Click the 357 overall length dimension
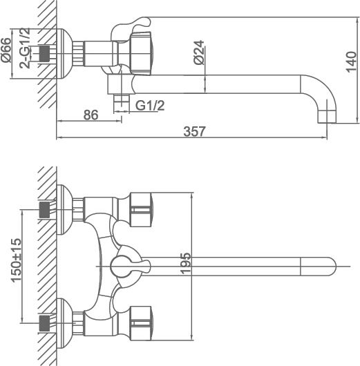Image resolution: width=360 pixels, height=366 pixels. click(x=194, y=131)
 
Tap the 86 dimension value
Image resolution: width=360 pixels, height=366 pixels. click(x=91, y=115)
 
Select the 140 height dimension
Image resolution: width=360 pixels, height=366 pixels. click(x=351, y=62)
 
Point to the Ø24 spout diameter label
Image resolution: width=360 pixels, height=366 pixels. click(x=199, y=52)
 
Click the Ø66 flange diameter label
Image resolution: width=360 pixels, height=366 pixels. click(x=6, y=50)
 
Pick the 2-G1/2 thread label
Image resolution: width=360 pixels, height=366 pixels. click(x=25, y=48)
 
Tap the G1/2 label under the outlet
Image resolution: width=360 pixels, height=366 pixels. click(x=150, y=105)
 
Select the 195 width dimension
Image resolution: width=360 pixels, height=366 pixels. click(x=186, y=263)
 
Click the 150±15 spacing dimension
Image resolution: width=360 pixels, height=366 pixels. click(x=17, y=260)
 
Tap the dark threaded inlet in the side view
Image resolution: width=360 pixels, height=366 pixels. click(x=44, y=54)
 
